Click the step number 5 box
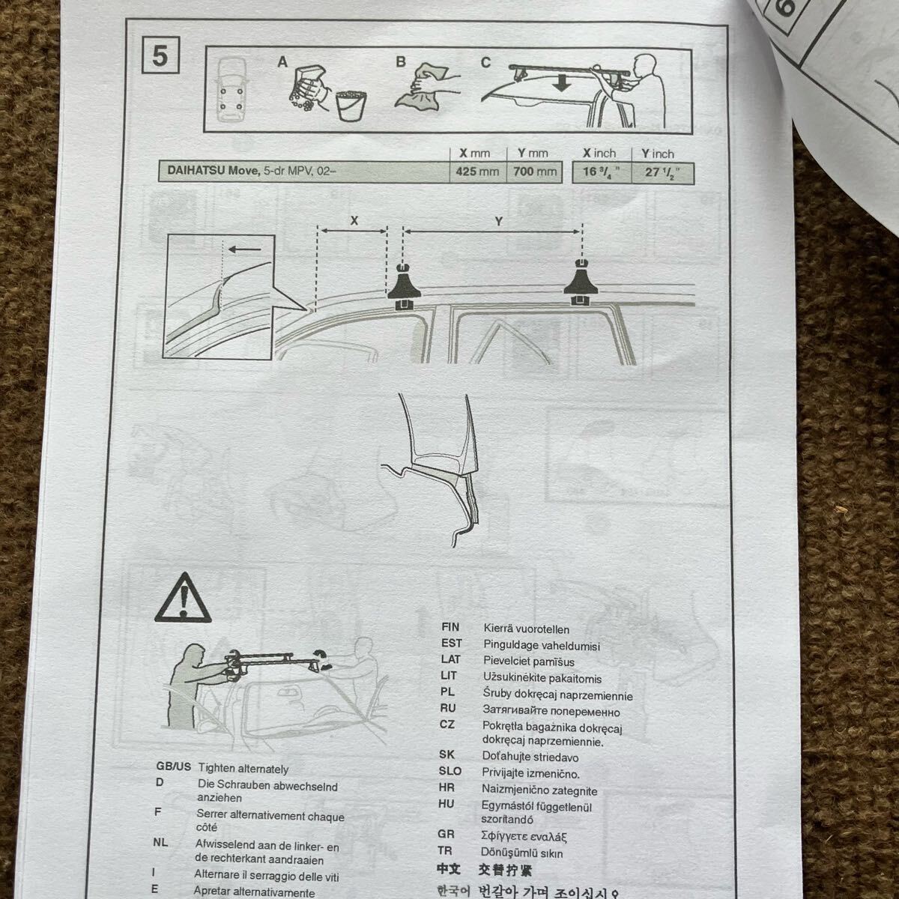(160, 56)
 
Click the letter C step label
(485, 63)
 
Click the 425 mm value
(476, 172)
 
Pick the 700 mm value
(534, 172)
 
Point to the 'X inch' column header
(599, 154)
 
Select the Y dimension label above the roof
(497, 222)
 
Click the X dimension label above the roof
(354, 221)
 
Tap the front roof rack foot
(403, 287)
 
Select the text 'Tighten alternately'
(243, 769)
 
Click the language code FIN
(451, 627)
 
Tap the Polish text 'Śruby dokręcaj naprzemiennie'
(558, 694)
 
